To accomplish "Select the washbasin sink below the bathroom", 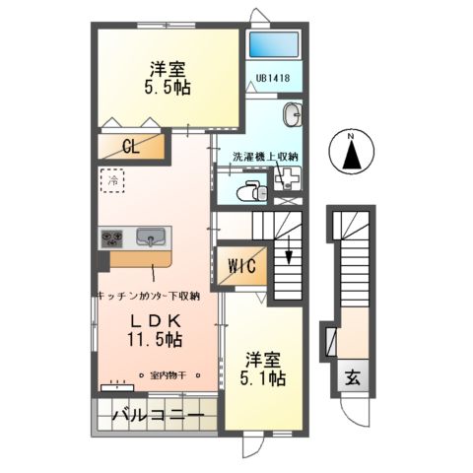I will point(294,115).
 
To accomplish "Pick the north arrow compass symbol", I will point(352,156).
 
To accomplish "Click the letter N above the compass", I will point(352,135).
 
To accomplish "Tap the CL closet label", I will point(130,148).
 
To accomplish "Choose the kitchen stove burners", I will point(111,237).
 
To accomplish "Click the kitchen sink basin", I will point(151,237).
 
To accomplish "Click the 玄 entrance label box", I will point(351,375).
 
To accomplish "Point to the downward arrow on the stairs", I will point(289,255).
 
